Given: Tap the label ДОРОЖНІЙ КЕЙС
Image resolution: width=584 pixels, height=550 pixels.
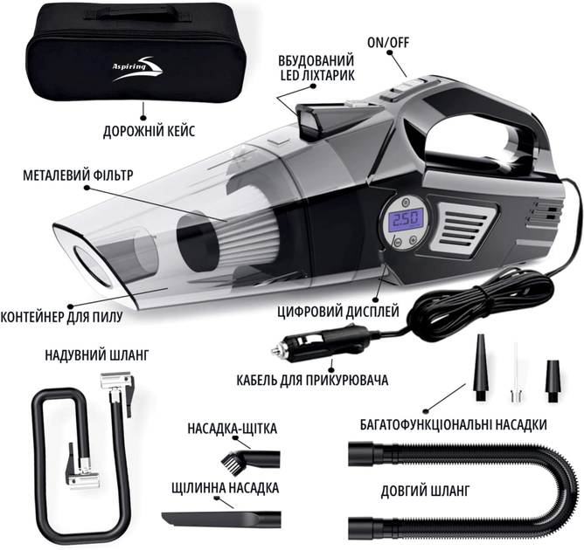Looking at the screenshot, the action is pyautogui.click(x=149, y=131).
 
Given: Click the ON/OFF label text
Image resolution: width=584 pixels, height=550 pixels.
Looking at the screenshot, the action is pyautogui.click(x=388, y=43).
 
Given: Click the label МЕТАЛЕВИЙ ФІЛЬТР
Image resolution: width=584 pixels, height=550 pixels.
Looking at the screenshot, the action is pyautogui.click(x=78, y=175).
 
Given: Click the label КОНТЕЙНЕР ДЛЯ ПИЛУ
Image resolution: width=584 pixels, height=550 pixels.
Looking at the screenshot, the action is pyautogui.click(x=61, y=317).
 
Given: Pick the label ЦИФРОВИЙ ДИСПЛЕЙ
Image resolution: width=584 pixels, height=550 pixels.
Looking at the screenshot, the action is pyautogui.click(x=338, y=311).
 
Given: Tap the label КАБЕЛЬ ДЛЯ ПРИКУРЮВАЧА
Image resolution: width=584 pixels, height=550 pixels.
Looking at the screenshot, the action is pyautogui.click(x=312, y=381).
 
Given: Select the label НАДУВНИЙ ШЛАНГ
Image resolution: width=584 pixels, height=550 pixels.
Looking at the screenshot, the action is pyautogui.click(x=97, y=354).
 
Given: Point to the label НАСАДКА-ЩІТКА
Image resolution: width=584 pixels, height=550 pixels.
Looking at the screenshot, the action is pyautogui.click(x=233, y=429).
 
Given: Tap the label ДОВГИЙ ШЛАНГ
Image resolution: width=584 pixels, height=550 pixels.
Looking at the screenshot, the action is pyautogui.click(x=425, y=492).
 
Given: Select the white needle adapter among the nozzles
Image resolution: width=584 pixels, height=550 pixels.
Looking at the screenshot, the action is pyautogui.click(x=516, y=372).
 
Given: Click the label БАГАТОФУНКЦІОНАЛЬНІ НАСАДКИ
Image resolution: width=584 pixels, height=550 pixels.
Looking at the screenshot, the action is pyautogui.click(x=454, y=424).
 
